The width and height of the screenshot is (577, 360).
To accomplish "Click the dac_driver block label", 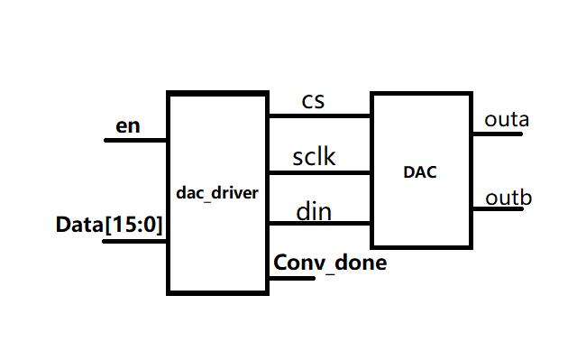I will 217,193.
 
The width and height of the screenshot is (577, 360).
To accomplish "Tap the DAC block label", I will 419,171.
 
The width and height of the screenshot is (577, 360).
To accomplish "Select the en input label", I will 128,125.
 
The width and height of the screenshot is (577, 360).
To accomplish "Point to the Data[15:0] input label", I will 109,225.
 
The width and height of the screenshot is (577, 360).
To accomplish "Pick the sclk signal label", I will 314,157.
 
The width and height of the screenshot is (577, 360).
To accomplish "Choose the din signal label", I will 313,212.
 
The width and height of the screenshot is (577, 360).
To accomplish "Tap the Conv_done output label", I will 330,263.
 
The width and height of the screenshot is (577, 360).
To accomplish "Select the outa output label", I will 507,118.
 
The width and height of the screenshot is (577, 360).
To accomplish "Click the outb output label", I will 507,198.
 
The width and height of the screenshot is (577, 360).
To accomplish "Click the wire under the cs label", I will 319,115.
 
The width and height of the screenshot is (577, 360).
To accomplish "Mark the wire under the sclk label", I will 319,171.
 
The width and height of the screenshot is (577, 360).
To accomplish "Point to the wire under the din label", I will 319,224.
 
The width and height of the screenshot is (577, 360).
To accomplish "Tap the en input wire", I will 136,140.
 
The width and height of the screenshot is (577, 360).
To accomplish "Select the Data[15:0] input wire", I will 135,241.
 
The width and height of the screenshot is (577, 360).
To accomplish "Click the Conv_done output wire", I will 290,277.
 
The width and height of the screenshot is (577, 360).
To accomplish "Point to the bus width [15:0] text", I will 134,225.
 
